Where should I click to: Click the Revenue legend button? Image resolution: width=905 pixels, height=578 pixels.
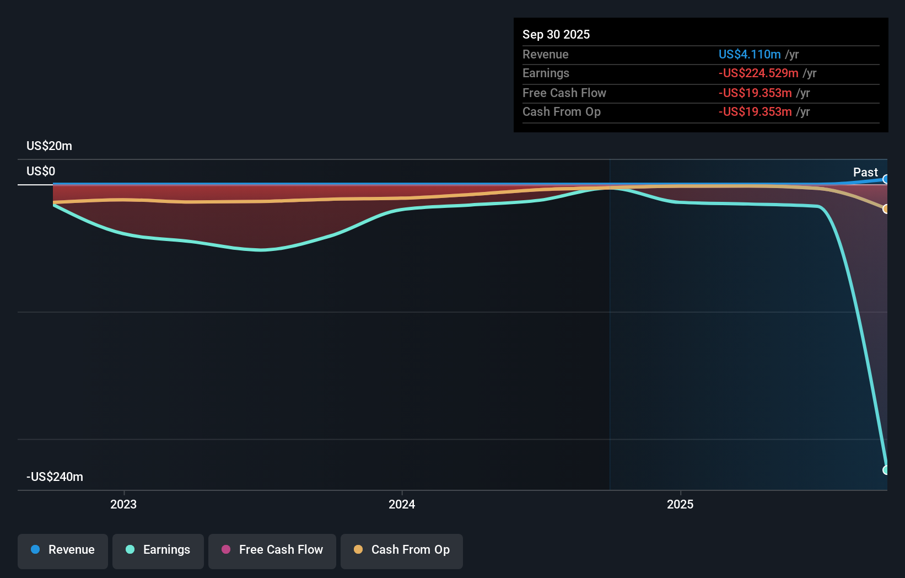pos(63,550)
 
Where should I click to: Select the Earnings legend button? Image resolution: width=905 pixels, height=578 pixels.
pos(158,550)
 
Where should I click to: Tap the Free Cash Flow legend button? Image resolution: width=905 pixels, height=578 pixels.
pos(272,550)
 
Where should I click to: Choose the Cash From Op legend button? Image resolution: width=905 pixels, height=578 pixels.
pos(402,550)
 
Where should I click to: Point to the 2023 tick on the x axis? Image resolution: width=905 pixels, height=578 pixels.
pos(123,504)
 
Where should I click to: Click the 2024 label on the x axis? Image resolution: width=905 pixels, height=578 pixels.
pos(402,504)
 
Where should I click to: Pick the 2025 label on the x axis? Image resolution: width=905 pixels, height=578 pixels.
pos(680,504)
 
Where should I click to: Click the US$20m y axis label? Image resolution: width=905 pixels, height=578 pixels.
pos(49,146)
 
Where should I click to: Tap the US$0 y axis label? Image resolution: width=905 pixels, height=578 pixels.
pos(41,172)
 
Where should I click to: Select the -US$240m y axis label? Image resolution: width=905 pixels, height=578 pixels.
pos(55,477)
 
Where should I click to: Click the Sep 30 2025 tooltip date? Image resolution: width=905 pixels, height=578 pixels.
pos(556,35)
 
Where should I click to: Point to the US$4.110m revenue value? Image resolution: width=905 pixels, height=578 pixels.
pos(750,55)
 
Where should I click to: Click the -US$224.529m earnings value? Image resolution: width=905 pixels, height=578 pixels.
pos(758,73)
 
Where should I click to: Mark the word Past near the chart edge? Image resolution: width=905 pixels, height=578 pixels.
pos(865,173)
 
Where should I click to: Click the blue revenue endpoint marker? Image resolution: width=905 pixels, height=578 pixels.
pos(886,179)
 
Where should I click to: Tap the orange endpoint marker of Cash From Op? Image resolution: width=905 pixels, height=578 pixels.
pos(886,209)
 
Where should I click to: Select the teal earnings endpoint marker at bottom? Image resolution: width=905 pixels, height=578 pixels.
pos(886,470)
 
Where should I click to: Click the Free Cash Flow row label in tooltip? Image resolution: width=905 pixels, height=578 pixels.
pos(564,93)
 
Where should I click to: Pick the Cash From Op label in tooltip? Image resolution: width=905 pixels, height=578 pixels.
pos(561,112)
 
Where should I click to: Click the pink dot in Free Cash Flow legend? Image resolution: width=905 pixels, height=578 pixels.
pos(226,549)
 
